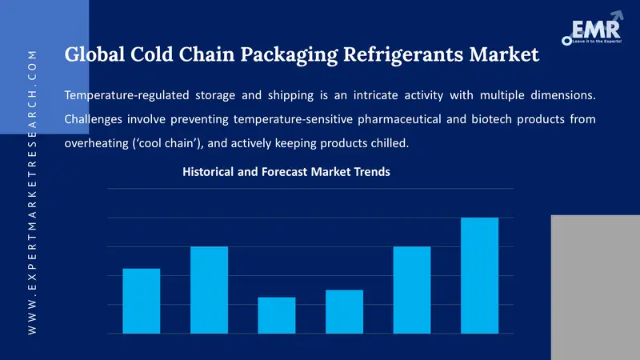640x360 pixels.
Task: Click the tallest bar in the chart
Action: (479, 275)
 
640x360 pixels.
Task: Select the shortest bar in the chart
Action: (276, 315)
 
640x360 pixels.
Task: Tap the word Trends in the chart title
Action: (370, 172)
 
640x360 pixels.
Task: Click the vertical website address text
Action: (32, 192)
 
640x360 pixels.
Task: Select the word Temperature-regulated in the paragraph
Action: (126, 96)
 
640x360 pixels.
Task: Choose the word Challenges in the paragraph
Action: (94, 120)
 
